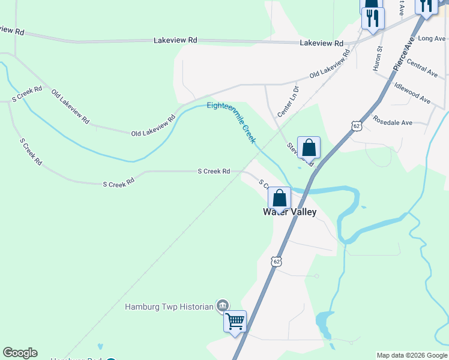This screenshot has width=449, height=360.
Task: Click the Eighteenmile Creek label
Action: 232,122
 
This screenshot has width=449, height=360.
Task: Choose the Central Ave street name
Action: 422,67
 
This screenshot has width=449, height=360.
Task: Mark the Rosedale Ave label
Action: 393,122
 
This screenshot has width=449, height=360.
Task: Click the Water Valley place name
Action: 290,212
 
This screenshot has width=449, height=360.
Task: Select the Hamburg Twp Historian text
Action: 169,307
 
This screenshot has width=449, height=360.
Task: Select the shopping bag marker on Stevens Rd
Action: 309,147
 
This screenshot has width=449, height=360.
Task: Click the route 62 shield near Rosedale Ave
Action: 357,126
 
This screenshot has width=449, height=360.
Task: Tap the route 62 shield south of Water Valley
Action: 276,262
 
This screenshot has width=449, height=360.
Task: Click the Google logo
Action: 20,353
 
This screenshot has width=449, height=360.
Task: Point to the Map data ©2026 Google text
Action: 411,355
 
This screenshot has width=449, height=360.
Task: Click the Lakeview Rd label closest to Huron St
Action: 321,43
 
